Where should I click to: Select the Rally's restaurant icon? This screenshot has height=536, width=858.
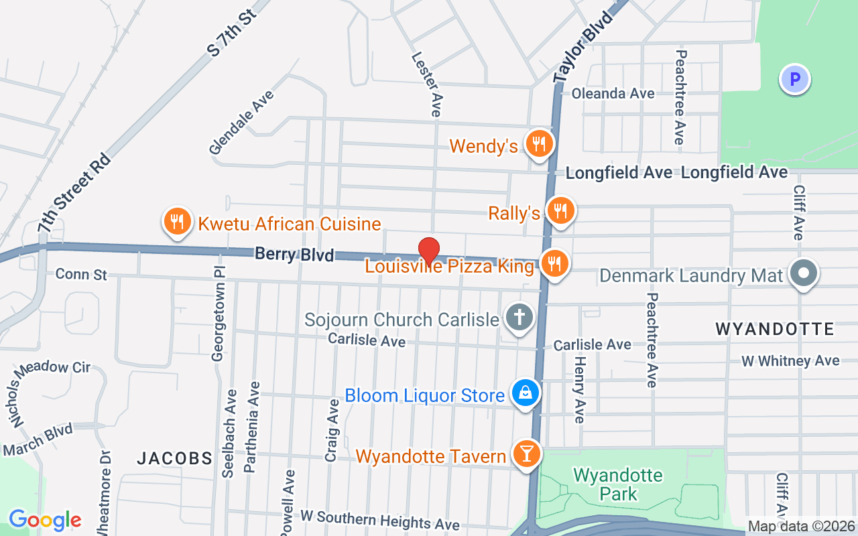tap(559, 211)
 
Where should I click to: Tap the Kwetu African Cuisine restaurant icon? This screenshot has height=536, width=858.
tap(176, 222)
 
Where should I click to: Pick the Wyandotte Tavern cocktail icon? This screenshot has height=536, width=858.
tap(527, 454)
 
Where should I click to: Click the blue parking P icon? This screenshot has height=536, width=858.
tap(795, 80)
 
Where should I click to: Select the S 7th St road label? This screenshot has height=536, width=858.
tap(232, 31)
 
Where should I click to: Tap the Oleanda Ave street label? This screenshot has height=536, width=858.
tap(613, 93)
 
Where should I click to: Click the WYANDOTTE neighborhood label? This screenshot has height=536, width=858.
tap(774, 329)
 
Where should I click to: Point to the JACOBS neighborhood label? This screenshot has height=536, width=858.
tap(174, 458)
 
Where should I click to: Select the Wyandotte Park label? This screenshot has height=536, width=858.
tap(609, 484)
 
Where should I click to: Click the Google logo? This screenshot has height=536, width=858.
tap(45, 519)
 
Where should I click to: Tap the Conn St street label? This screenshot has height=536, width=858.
tap(81, 274)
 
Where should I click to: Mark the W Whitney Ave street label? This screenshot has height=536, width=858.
tap(790, 360)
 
